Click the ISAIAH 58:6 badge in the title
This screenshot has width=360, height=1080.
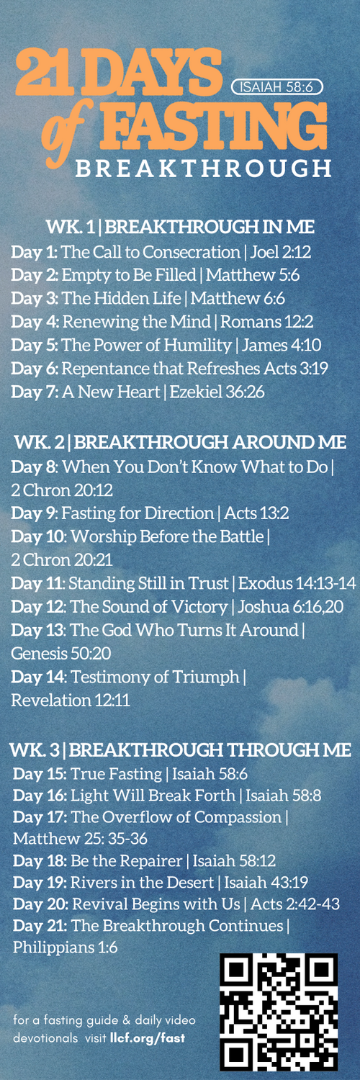277,87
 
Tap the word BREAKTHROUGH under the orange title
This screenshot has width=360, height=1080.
203,168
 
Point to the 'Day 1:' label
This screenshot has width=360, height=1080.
35,252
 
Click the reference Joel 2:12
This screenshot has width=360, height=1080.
281,252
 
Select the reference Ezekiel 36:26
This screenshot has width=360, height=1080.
217,392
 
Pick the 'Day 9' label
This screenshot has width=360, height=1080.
33,513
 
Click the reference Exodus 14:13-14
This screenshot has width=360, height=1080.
297,583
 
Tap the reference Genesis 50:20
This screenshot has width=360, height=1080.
60,654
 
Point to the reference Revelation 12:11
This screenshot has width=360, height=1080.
71,701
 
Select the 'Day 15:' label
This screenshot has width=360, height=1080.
40,774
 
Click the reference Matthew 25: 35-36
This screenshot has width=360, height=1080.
80,839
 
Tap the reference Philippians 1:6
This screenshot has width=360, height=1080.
65,948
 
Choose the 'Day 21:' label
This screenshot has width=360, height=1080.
40,926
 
